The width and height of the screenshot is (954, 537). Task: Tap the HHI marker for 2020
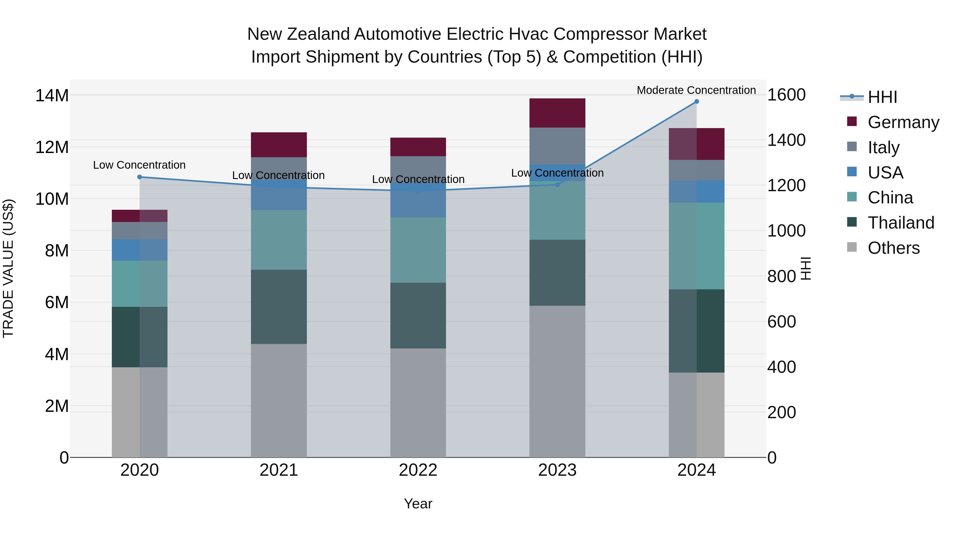click(x=140, y=177)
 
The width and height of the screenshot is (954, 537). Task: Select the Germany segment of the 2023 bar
click(x=557, y=113)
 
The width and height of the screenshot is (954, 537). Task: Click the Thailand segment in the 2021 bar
click(x=279, y=307)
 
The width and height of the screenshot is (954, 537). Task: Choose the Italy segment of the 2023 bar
click(x=557, y=146)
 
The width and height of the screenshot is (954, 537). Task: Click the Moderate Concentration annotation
click(x=696, y=90)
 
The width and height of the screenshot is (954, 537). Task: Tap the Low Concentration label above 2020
click(x=139, y=165)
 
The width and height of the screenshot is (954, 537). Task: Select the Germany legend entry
click(x=903, y=122)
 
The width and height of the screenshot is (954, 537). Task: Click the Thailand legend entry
click(x=901, y=223)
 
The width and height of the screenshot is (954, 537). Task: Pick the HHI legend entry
click(x=882, y=97)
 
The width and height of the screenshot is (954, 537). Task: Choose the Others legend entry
click(x=893, y=248)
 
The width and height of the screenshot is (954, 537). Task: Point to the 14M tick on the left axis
click(x=52, y=96)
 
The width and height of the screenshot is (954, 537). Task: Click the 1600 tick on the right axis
click(x=786, y=95)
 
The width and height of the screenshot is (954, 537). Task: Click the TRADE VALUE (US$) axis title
click(x=8, y=268)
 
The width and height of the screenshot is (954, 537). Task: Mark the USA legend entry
click(x=885, y=173)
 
